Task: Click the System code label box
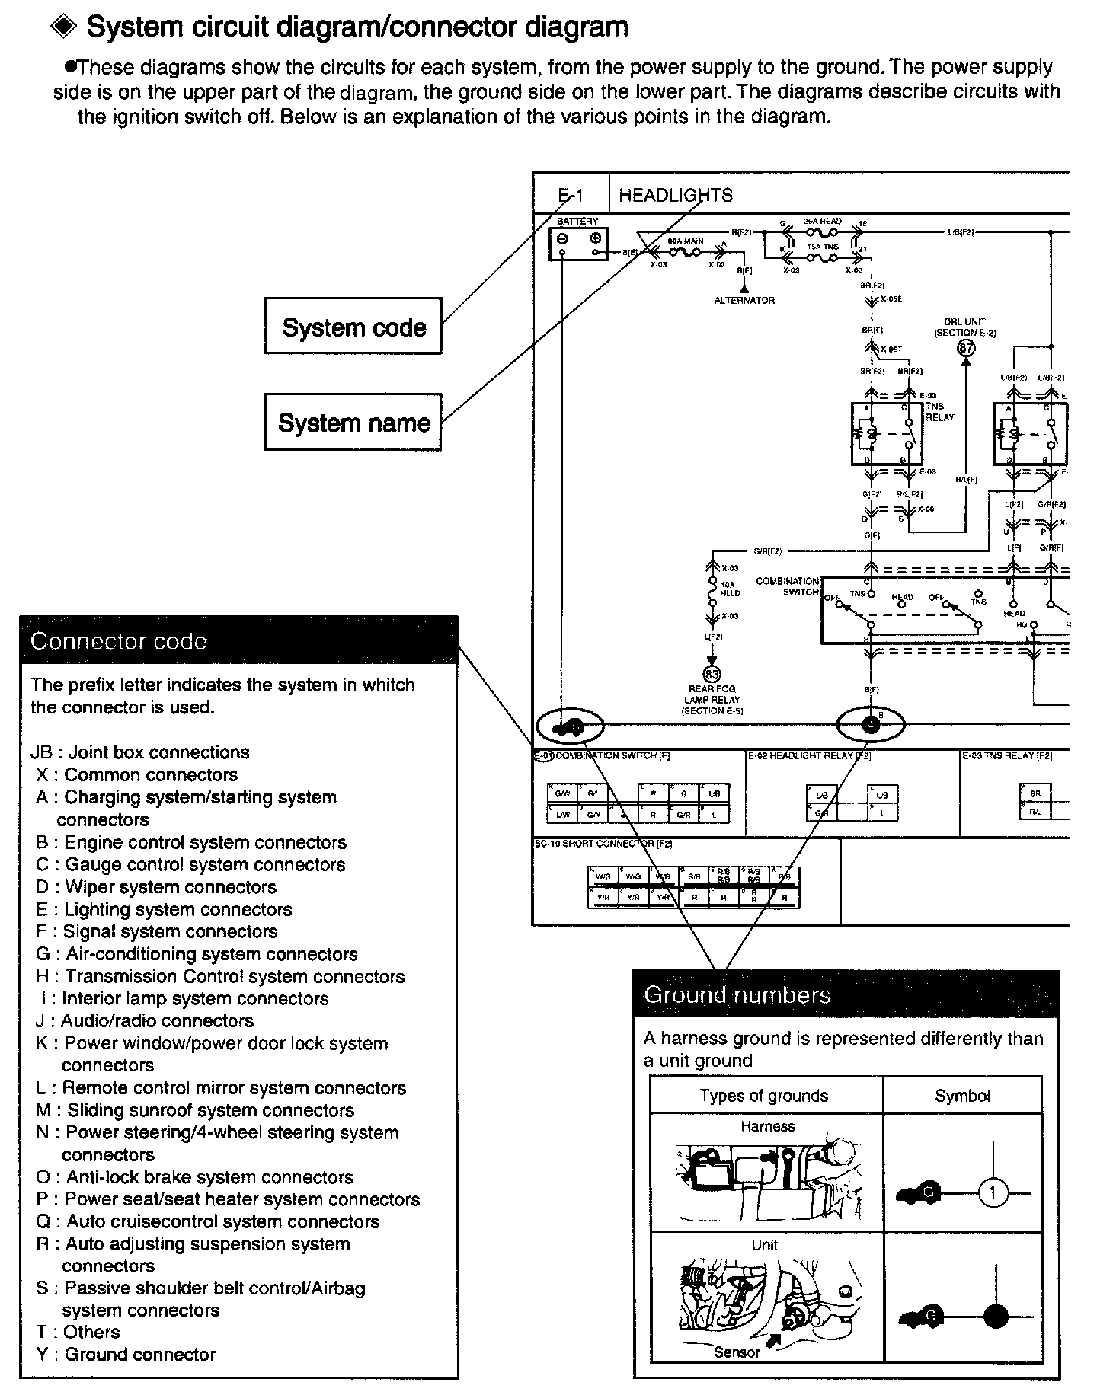coord(353,327)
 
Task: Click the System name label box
coord(353,422)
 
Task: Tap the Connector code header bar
coord(238,640)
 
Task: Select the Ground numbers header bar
coord(846,994)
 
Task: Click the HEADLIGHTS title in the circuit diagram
coord(675,195)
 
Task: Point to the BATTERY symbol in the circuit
coord(578,243)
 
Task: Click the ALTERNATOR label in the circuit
coord(744,301)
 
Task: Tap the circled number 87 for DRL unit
coord(966,349)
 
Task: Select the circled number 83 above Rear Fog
coord(712,674)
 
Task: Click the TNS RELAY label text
coord(939,412)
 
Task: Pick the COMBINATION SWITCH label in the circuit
coord(788,586)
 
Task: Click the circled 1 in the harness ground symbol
coord(993,1192)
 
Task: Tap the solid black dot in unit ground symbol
coord(996,1316)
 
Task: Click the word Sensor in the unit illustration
coord(737,1352)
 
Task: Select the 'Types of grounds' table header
coord(764,1096)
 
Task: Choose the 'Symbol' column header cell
coord(962,1096)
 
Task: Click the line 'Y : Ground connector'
coord(126,1354)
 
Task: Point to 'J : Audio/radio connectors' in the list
coord(144,1020)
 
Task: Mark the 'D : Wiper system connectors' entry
coord(155,886)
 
